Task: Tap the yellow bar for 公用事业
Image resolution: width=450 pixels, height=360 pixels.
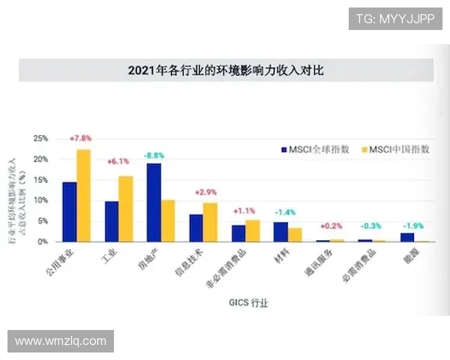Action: pyautogui.click(x=83, y=196)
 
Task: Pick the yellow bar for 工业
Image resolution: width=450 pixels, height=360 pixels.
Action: pyautogui.click(x=126, y=209)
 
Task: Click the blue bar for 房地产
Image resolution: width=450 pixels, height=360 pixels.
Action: pyautogui.click(x=154, y=202)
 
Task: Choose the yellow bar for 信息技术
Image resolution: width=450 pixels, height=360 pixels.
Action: pyautogui.click(x=210, y=222)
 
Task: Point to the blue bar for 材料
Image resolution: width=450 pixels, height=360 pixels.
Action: pyautogui.click(x=280, y=232)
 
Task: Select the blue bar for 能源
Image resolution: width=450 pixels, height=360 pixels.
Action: pyautogui.click(x=407, y=237)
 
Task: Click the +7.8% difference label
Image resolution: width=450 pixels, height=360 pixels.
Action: pyautogui.click(x=80, y=139)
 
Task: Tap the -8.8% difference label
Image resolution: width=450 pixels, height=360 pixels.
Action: pyautogui.click(x=154, y=155)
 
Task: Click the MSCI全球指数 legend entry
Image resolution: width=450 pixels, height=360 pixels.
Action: pyautogui.click(x=315, y=149)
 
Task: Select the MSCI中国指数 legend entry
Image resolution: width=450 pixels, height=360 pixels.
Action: pyautogui.click(x=396, y=149)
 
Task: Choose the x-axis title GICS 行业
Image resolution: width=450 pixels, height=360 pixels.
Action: pyautogui.click(x=247, y=304)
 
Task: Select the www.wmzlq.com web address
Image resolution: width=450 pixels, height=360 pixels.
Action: pyautogui.click(x=60, y=341)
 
